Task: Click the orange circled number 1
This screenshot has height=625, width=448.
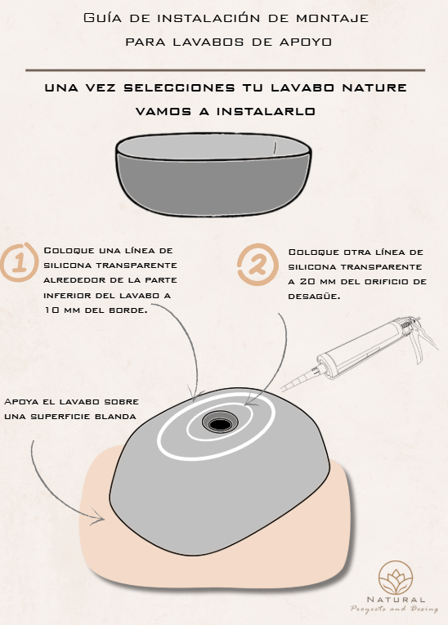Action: click(19, 262)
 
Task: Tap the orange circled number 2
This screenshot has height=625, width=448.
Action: click(258, 264)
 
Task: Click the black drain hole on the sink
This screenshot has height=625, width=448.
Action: click(220, 424)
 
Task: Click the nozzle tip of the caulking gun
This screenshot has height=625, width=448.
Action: click(281, 391)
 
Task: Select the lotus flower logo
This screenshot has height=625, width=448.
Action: click(396, 578)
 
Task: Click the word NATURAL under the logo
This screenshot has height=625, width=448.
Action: click(396, 600)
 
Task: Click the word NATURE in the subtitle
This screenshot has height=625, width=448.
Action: click(374, 87)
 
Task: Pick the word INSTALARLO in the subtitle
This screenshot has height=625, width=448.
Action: click(266, 111)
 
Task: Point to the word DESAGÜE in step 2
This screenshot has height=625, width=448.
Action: click(314, 296)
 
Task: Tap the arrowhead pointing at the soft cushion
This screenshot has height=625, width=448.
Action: click(99, 517)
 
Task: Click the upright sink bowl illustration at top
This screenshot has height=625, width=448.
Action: click(213, 175)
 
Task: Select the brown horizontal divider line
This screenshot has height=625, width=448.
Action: click(225, 70)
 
